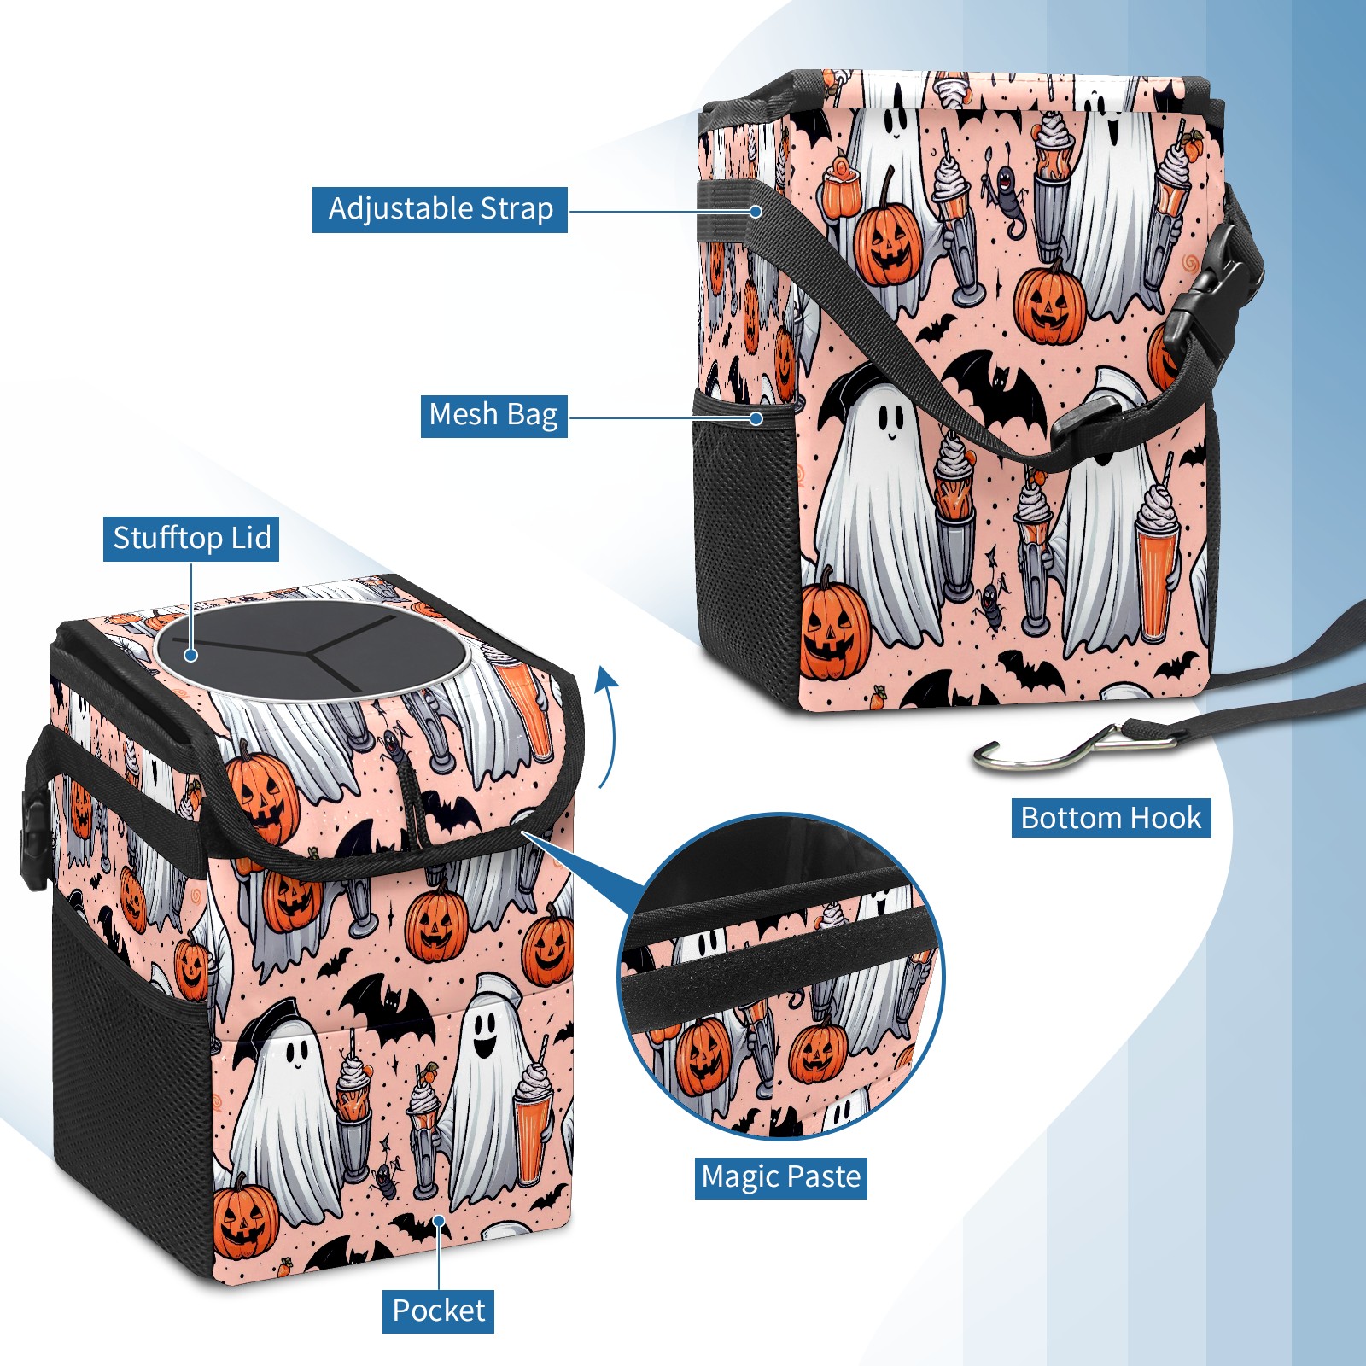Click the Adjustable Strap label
[x=440, y=209]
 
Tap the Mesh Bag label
[x=493, y=415]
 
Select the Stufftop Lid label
[x=191, y=539]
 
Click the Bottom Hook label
[x=1111, y=818]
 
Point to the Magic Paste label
[x=781, y=1177]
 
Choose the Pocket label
[x=438, y=1311]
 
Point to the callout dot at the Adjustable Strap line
[x=756, y=211]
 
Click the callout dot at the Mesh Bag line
[x=756, y=418]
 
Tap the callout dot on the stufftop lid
[x=191, y=655]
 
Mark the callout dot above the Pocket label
[x=439, y=1221]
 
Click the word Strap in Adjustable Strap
[x=517, y=209]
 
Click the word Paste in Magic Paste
[x=820, y=1177]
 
